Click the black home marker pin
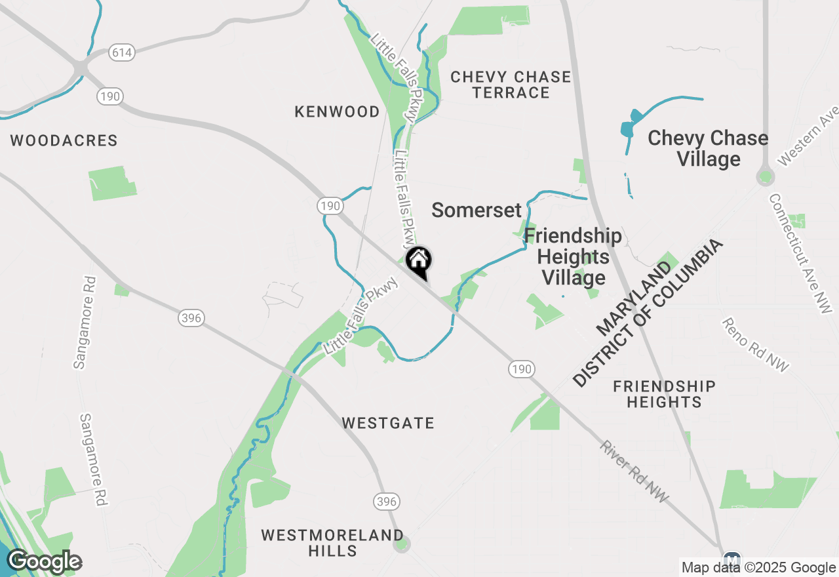pos(419,262)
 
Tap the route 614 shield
pos(122,53)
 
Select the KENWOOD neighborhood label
pos(337,112)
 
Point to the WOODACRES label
pos(64,140)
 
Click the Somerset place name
pos(477,210)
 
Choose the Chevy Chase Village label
pos(708,148)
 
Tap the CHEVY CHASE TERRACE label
pos(511,85)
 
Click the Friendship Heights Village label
pos(573,257)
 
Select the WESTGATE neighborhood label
pos(388,424)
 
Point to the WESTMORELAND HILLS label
pos(332,543)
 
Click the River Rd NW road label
pos(634,471)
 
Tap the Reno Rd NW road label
pos(756,344)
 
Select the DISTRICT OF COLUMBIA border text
pos(649,313)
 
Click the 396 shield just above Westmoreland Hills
pos(387,502)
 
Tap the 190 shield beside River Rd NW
pos(521,369)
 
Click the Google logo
pos(44,562)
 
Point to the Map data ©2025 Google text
pos(758,568)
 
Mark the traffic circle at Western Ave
pos(765,177)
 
